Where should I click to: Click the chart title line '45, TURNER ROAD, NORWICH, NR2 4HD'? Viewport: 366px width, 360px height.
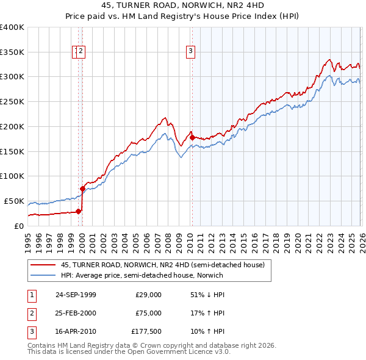point(183,6)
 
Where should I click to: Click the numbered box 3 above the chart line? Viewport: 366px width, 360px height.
point(191,52)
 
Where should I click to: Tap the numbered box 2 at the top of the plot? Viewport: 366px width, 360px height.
point(81,52)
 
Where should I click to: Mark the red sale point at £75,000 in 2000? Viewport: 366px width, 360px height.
point(82,189)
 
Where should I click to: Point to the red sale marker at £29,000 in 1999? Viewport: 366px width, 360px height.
point(79,211)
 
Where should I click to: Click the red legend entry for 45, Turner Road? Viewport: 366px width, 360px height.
point(162,265)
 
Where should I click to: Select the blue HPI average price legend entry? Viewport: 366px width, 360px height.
point(142,275)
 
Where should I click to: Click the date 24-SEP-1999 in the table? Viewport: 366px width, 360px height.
point(76,295)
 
